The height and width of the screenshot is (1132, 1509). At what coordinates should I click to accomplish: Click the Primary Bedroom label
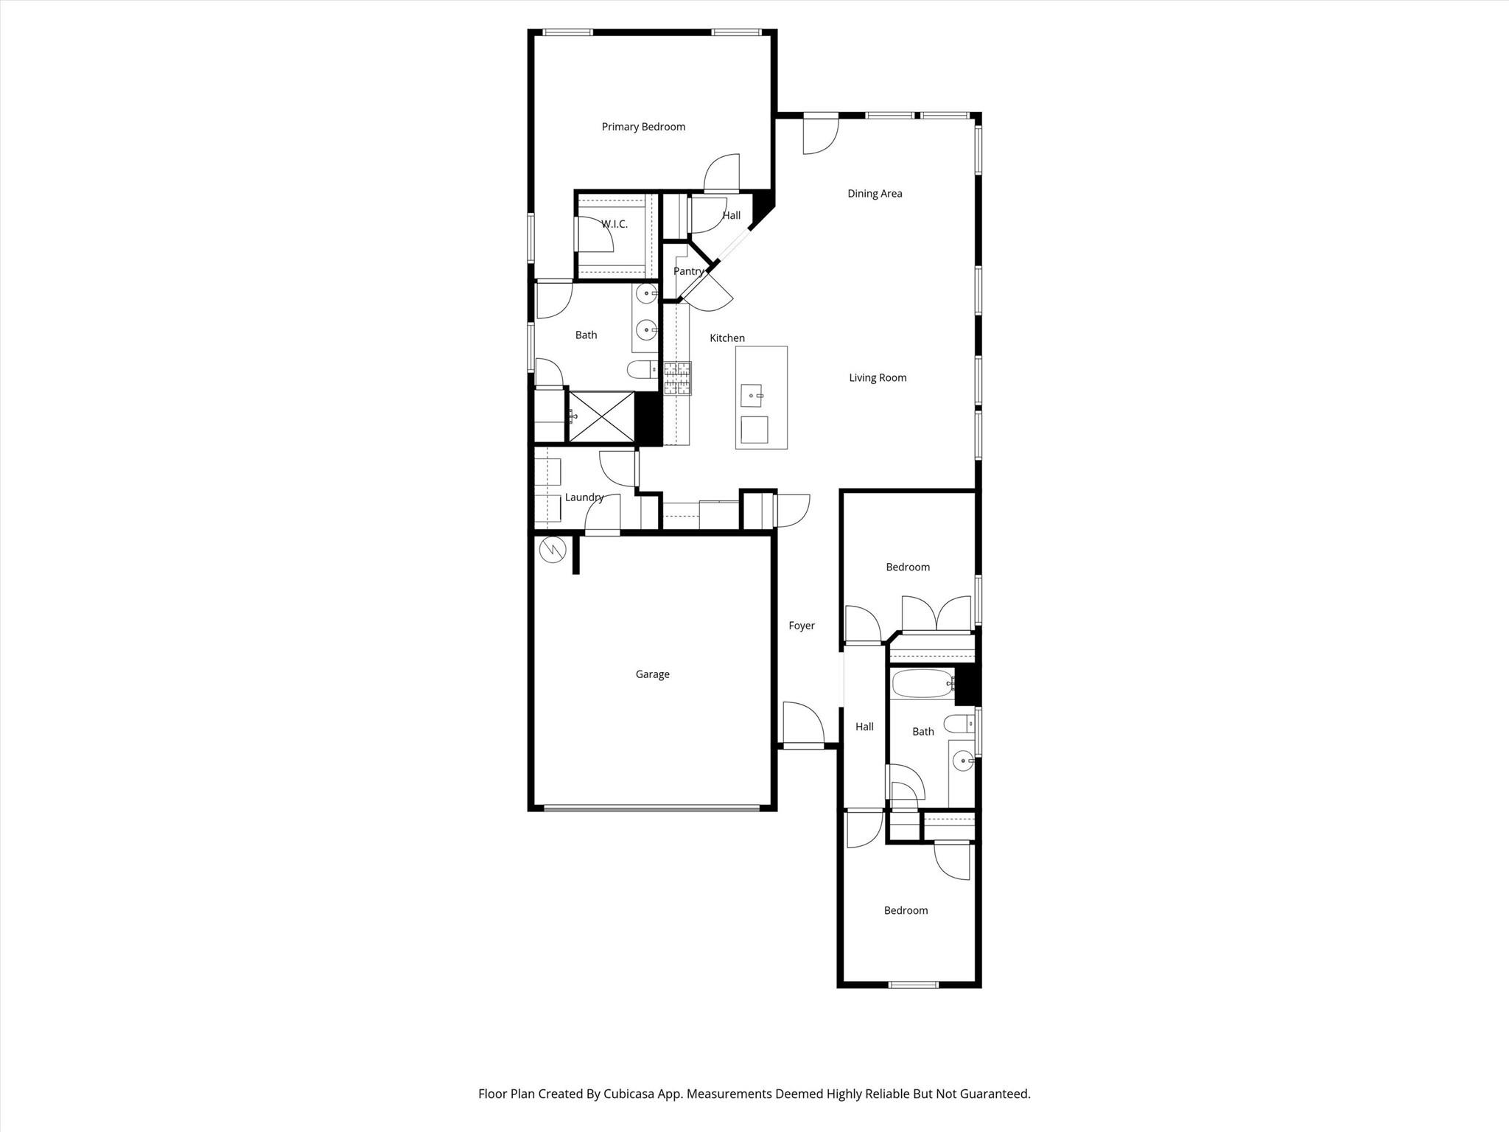coord(643,127)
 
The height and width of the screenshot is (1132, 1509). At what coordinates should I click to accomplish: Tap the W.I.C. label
coord(614,224)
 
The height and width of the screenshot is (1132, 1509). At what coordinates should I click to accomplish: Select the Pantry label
coord(688,271)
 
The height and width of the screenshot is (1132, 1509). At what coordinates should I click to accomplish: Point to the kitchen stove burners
coord(677,378)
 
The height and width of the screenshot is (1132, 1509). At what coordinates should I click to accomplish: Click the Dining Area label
coord(875,194)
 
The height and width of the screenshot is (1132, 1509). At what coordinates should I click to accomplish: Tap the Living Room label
coord(878,378)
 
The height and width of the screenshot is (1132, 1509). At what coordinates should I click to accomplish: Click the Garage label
coord(652,674)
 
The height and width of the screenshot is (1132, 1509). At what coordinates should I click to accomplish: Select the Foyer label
coord(802,626)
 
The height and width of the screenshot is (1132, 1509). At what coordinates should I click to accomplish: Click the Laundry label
coord(584,497)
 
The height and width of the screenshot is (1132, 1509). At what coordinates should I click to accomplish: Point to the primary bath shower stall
coord(601,417)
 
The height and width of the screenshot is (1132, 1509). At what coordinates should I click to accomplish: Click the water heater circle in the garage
coord(552,550)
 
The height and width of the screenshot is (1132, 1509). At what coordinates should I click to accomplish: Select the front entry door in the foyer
coord(802,726)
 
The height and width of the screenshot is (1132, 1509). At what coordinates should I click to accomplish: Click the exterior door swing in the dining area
coord(819,136)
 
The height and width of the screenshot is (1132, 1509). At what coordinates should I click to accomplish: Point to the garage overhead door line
coord(651,808)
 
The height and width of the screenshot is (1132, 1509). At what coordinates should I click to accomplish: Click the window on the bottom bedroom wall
coord(913,985)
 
